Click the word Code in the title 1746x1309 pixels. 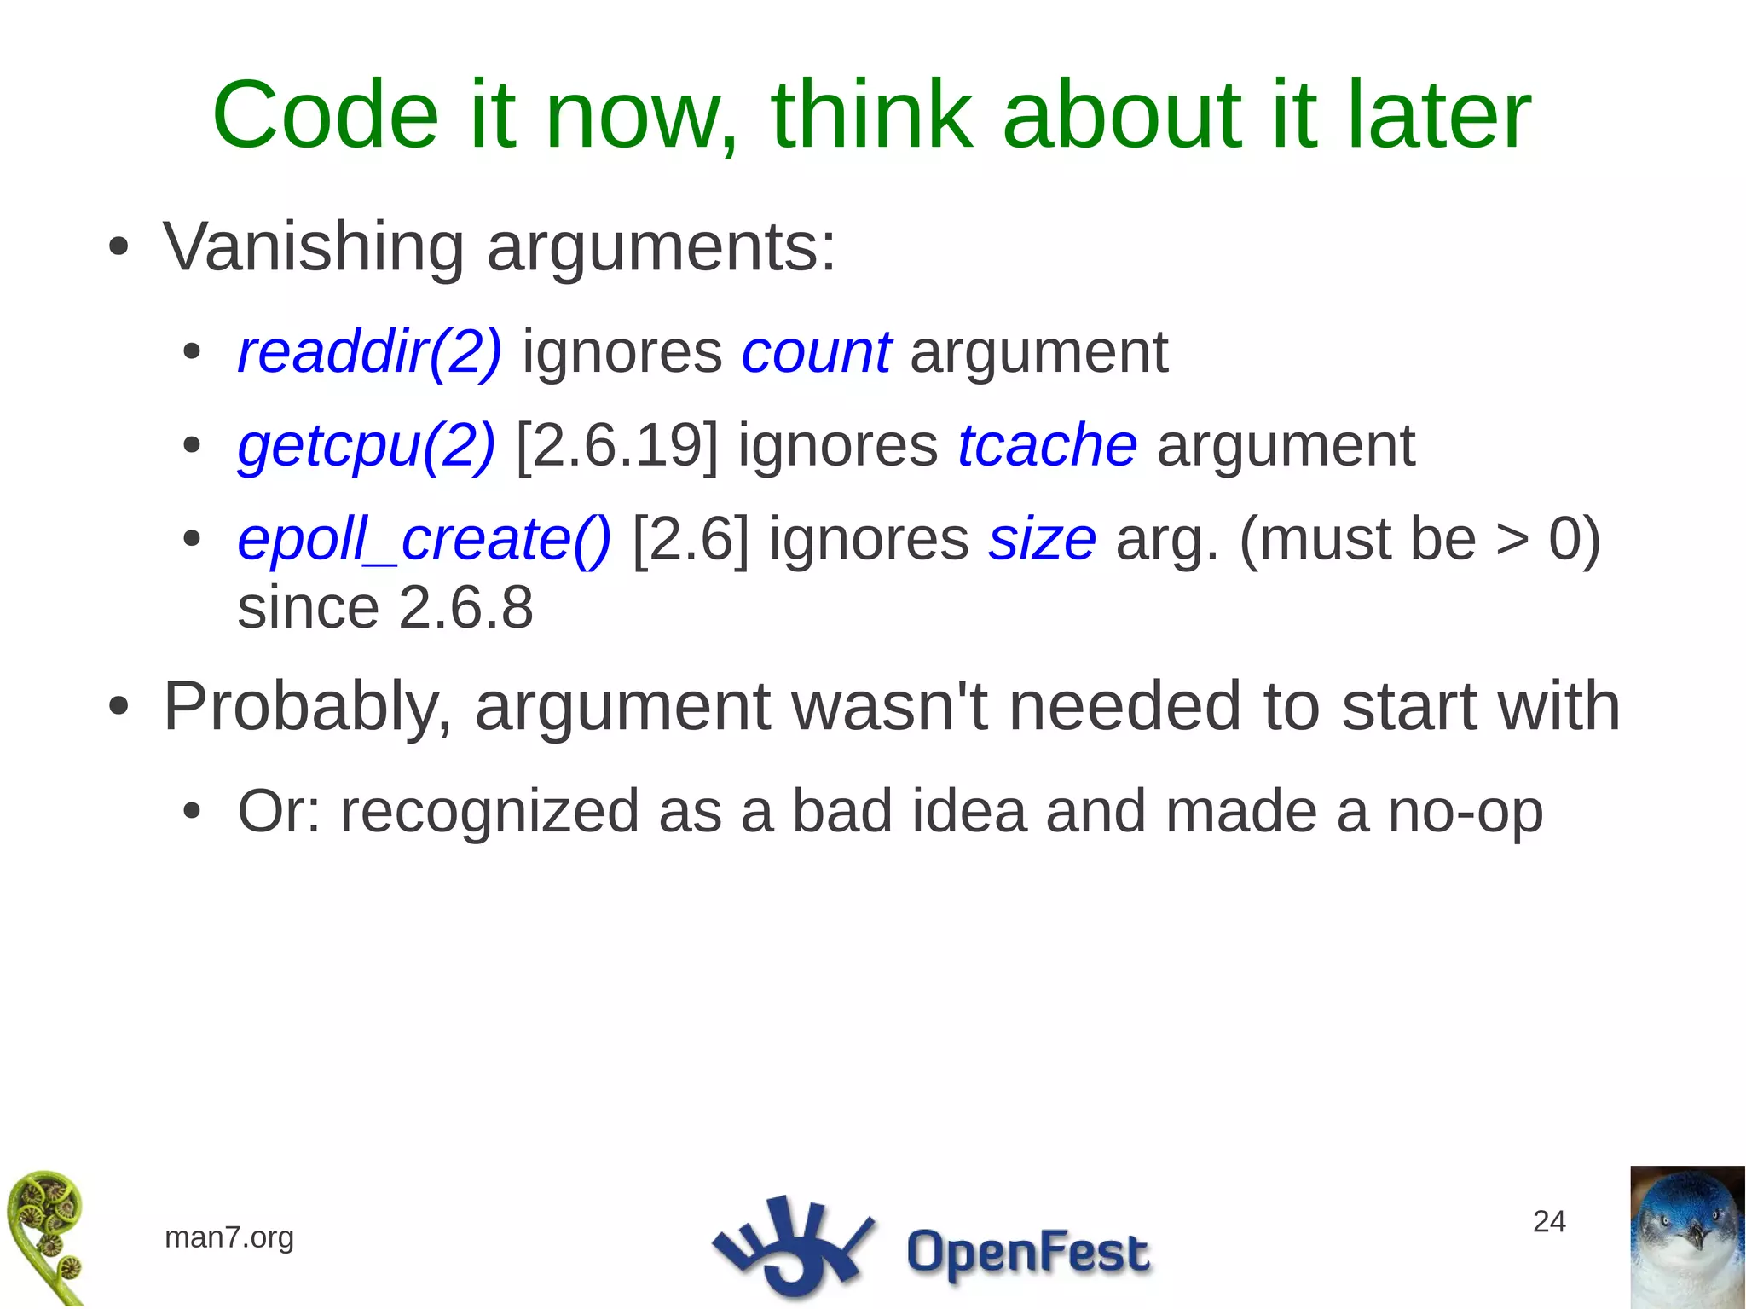coord(325,115)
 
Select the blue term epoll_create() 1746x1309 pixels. coord(424,539)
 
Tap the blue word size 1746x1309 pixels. coord(1042,539)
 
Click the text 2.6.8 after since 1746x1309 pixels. coord(465,608)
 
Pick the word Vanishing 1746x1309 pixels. coord(313,247)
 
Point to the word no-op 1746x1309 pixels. coord(1465,811)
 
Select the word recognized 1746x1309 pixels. coord(489,813)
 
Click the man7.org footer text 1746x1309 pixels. coord(228,1237)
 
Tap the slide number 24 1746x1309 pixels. coord(1548,1221)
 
